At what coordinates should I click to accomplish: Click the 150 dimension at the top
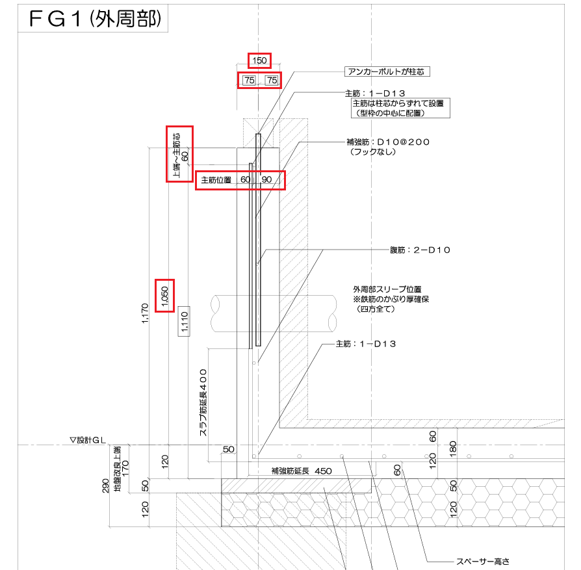(259, 60)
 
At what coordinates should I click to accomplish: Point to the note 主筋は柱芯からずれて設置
(401, 103)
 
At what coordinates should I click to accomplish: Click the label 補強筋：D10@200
(389, 141)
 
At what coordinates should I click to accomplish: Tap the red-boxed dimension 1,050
(165, 296)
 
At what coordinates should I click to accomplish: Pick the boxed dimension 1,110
(184, 320)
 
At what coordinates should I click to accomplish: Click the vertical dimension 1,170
(146, 316)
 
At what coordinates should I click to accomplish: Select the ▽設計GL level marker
(88, 440)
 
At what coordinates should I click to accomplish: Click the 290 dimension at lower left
(106, 486)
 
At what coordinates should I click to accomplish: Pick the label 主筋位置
(216, 180)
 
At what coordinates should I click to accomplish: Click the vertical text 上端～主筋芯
(175, 155)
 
